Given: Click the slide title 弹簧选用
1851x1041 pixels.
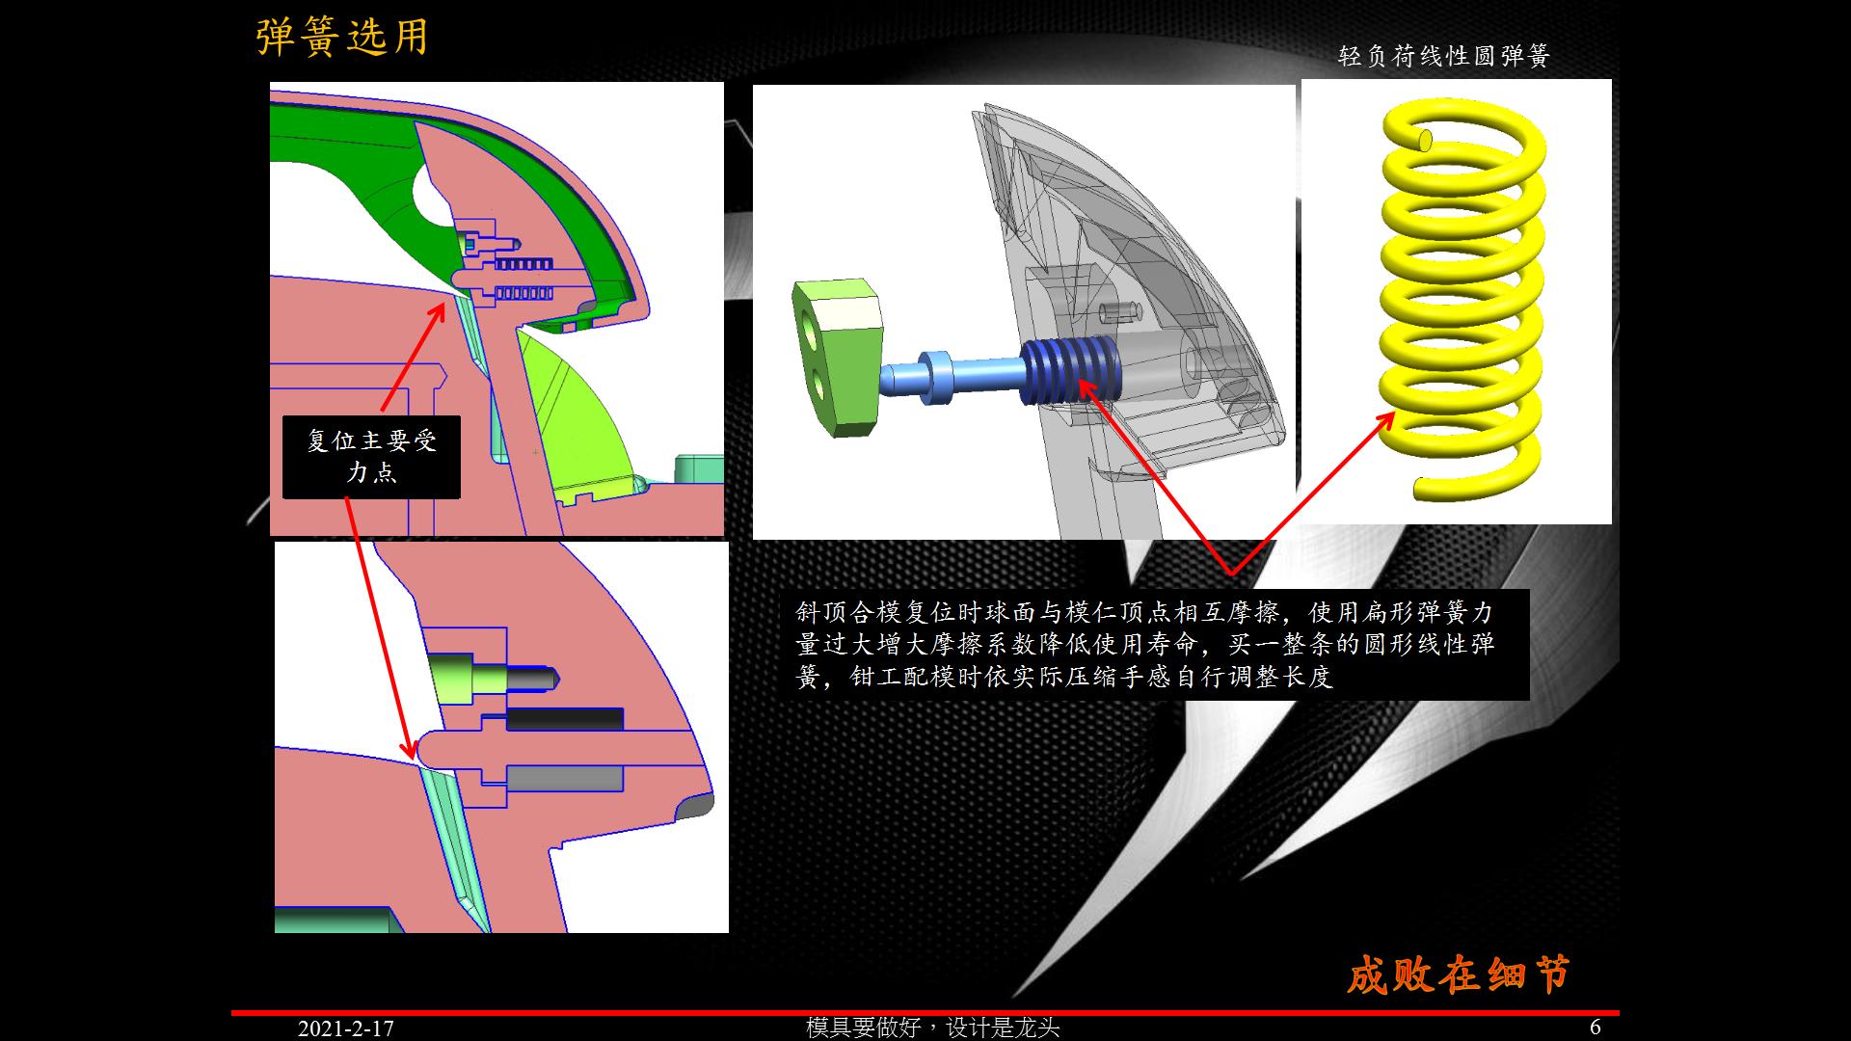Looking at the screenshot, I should click(342, 38).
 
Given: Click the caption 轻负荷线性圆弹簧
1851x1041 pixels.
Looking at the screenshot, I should click(1443, 56).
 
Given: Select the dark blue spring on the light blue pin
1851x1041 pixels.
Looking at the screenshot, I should click(1069, 377).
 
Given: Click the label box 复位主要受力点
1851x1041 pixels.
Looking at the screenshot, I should click(371, 457).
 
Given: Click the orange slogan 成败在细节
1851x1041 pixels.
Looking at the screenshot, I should click(1457, 974).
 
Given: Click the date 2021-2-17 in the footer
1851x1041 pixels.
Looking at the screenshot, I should click(345, 1028).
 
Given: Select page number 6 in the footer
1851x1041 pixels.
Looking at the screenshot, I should click(1596, 1028).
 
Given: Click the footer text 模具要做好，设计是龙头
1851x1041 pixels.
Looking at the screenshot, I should click(932, 1028).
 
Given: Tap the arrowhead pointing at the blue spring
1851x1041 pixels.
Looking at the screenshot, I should click(1084, 387).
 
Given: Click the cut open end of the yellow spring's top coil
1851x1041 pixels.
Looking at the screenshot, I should click(1425, 141).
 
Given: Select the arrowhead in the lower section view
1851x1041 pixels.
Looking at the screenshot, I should click(410, 749).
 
